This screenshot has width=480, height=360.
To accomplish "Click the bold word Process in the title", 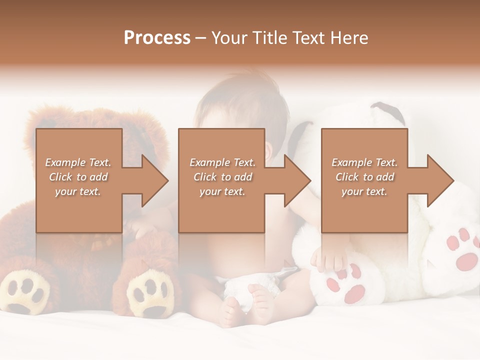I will pyautogui.click(x=157, y=38).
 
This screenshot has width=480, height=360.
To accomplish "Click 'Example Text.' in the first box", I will pyautogui.click(x=78, y=162).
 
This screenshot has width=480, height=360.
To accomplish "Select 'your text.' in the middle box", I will pyautogui.click(x=222, y=191).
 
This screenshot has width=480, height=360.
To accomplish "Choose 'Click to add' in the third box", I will pyautogui.click(x=364, y=177).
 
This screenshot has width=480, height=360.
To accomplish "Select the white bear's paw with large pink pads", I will pyautogui.click(x=462, y=250).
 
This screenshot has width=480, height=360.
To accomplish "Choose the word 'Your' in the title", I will pyautogui.click(x=227, y=38).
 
